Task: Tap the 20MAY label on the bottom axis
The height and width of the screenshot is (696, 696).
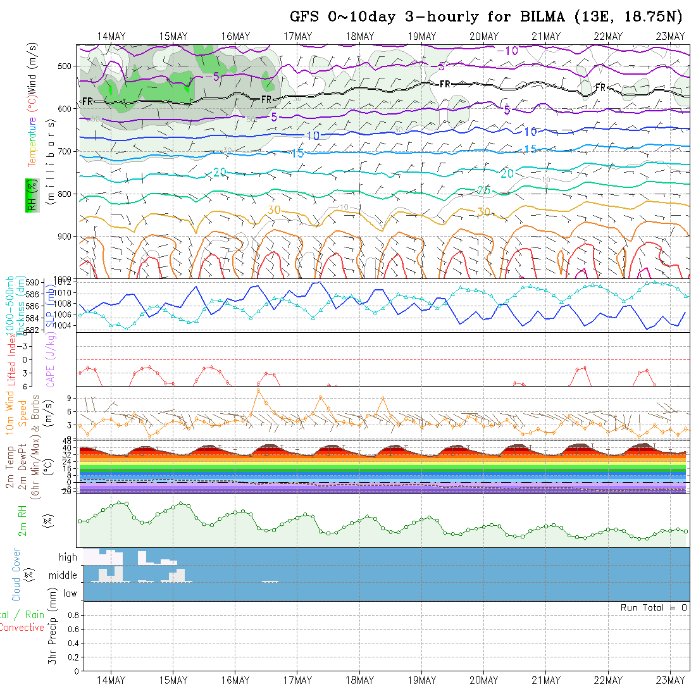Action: click(484, 680)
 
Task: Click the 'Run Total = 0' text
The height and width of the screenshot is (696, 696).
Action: click(654, 607)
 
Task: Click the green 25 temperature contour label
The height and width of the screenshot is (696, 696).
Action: click(483, 190)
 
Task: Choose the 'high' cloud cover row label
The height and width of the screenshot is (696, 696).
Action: click(68, 557)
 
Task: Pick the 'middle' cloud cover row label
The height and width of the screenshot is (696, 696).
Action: click(63, 576)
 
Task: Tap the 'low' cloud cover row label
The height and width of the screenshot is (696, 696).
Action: click(70, 593)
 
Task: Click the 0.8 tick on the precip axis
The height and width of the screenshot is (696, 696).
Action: click(73, 615)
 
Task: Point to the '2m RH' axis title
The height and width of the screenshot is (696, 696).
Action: click(23, 521)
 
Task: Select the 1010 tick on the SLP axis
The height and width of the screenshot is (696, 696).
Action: click(66, 293)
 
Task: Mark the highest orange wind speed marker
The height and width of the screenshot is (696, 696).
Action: click(258, 390)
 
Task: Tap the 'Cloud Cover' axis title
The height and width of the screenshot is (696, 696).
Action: click(16, 575)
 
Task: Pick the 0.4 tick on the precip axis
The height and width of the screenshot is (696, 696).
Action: click(73, 643)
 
